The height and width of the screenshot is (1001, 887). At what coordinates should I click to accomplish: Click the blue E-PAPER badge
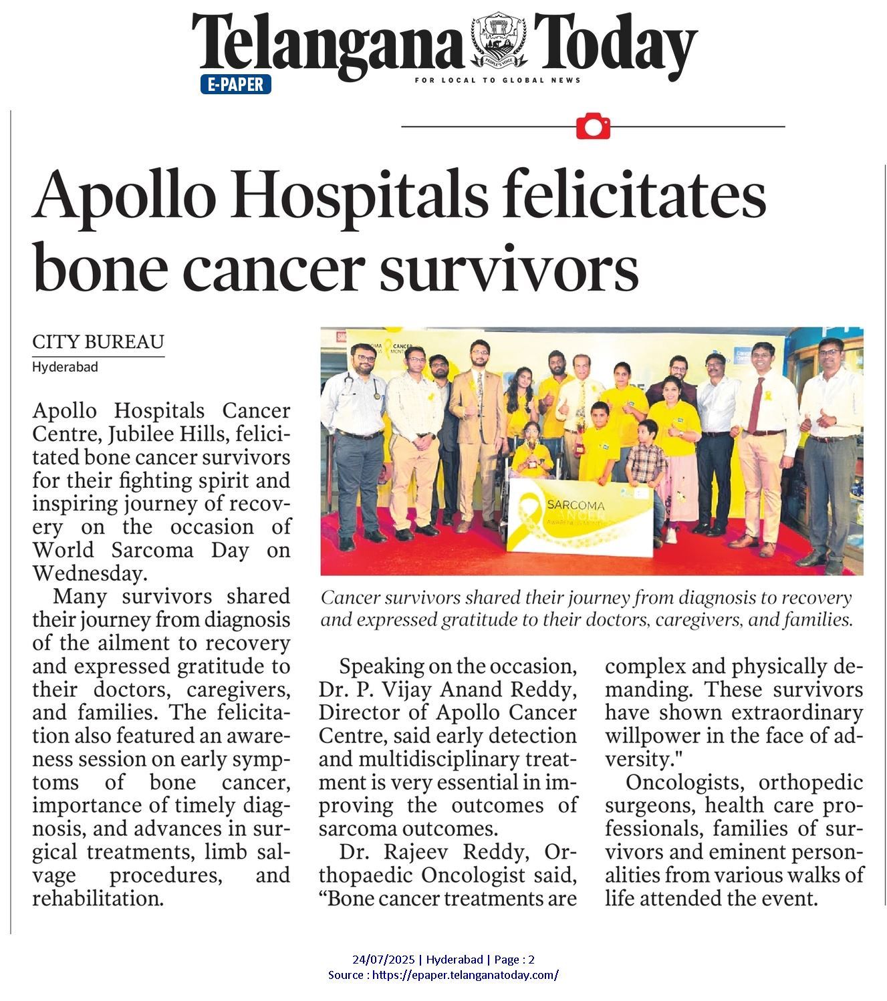tap(235, 85)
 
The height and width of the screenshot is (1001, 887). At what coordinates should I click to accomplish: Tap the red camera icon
tap(593, 126)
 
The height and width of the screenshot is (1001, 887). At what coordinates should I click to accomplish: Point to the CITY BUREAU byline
tap(98, 342)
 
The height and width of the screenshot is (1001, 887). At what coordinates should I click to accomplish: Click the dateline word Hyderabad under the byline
tap(66, 367)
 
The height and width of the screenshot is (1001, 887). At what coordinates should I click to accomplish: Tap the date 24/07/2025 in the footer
tap(383, 960)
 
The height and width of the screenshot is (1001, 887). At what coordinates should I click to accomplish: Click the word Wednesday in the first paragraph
tap(88, 573)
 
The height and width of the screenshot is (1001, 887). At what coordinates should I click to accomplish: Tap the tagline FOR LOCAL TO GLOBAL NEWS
tap(497, 80)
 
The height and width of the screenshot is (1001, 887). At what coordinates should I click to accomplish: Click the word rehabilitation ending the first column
tap(98, 898)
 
